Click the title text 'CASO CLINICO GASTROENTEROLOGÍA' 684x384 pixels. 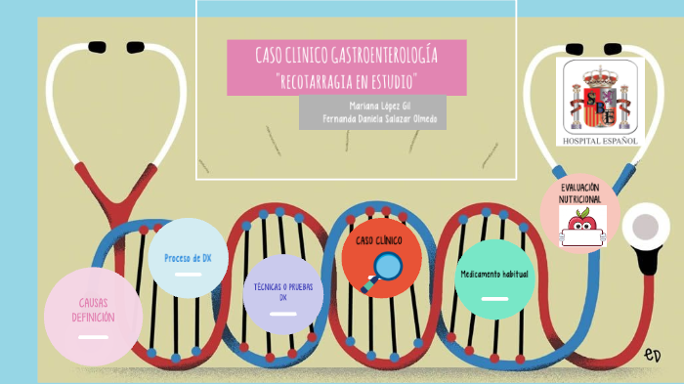pos(346,55)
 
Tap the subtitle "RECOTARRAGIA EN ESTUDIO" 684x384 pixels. pos(347,78)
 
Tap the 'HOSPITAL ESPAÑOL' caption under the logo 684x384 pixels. pos(600,141)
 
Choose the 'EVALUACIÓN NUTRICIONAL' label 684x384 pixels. pos(579,192)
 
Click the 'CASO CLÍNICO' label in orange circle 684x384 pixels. pos(378,239)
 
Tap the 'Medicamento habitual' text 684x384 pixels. pos(494,274)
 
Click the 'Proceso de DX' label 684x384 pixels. pos(188,258)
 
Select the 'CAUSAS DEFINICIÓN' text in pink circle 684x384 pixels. pos(93,310)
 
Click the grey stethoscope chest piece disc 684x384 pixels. pos(644,228)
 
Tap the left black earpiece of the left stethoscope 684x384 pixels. pos(98,45)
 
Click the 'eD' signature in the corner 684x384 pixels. pos(653,354)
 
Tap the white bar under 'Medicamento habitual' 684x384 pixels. pos(494,298)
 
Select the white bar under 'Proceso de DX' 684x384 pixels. pos(188,275)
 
